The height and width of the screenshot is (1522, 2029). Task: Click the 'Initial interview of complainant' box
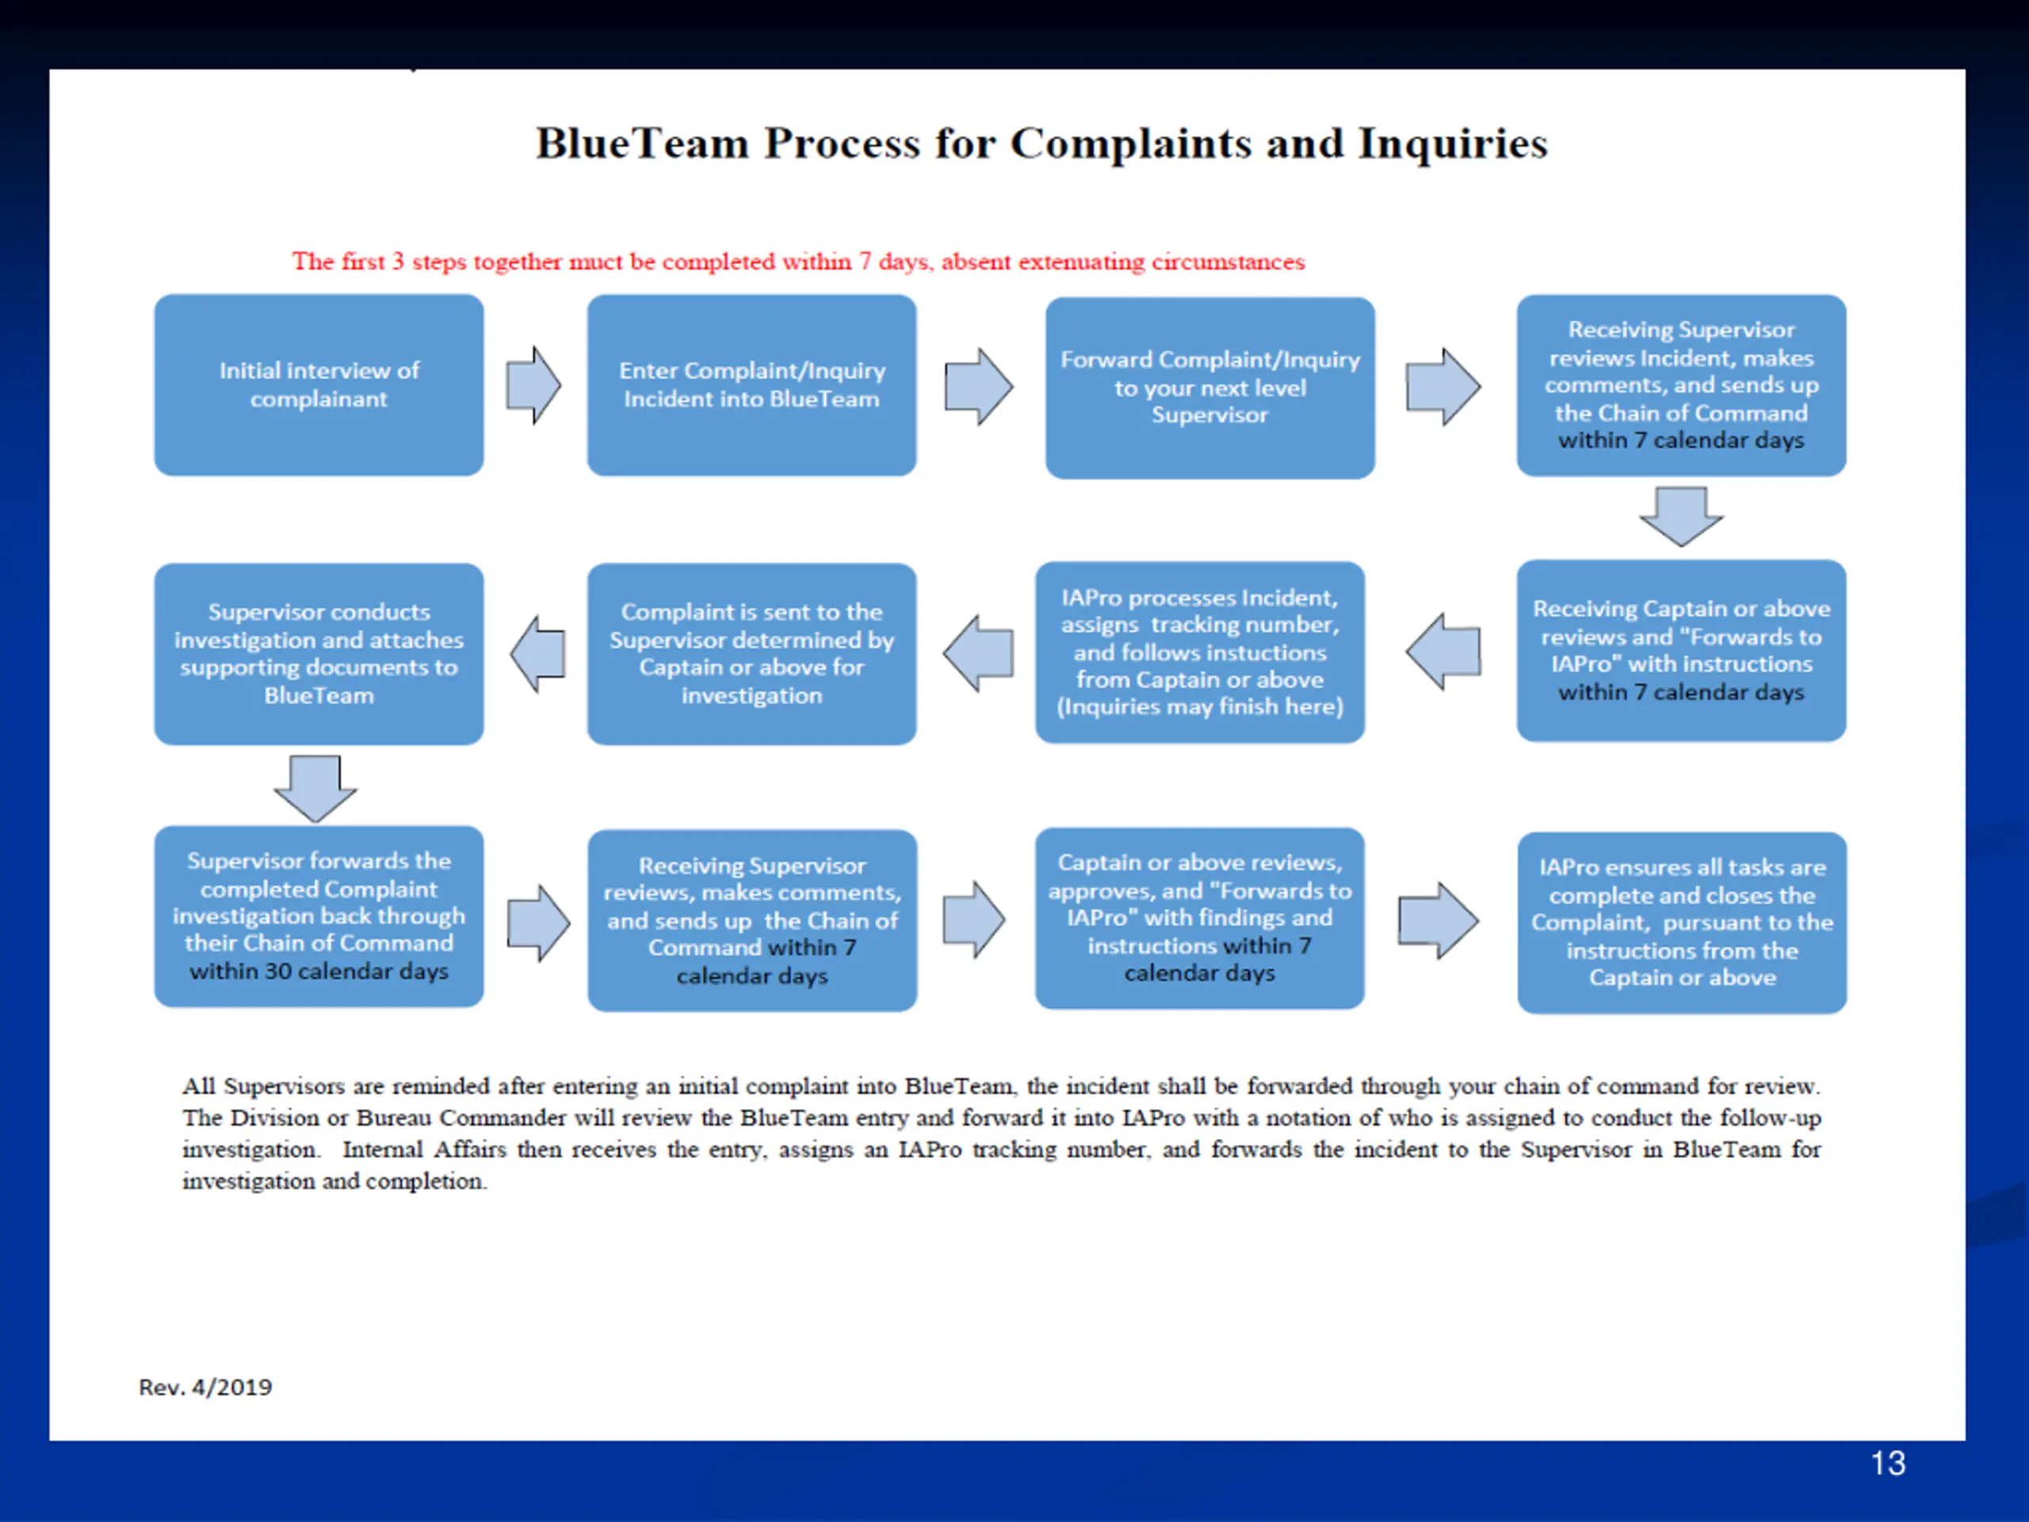pos(319,384)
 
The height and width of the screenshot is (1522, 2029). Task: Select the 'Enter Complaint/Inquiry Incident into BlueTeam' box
pos(751,384)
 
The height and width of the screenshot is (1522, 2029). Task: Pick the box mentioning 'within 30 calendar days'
pos(319,916)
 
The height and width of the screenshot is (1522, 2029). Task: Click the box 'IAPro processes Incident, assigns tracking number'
pos(1199,652)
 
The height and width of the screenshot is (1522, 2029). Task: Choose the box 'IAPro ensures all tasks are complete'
pos(1680,922)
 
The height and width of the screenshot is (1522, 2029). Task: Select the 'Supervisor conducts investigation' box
pos(319,653)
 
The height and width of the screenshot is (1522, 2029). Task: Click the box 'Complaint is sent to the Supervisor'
pos(751,653)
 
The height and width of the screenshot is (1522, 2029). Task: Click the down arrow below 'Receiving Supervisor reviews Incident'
pos(1680,515)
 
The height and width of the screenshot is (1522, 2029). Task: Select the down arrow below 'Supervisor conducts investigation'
pos(315,787)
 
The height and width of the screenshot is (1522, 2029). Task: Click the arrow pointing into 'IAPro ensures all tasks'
pos(1438,920)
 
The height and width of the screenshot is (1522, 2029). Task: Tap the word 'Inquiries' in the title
pos(1452,143)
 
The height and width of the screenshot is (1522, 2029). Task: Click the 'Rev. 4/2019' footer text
pos(205,1386)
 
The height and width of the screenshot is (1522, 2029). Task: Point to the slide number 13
pos(1887,1463)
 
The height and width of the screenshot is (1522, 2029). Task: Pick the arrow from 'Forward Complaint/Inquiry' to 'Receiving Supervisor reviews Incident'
pos(1442,386)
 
